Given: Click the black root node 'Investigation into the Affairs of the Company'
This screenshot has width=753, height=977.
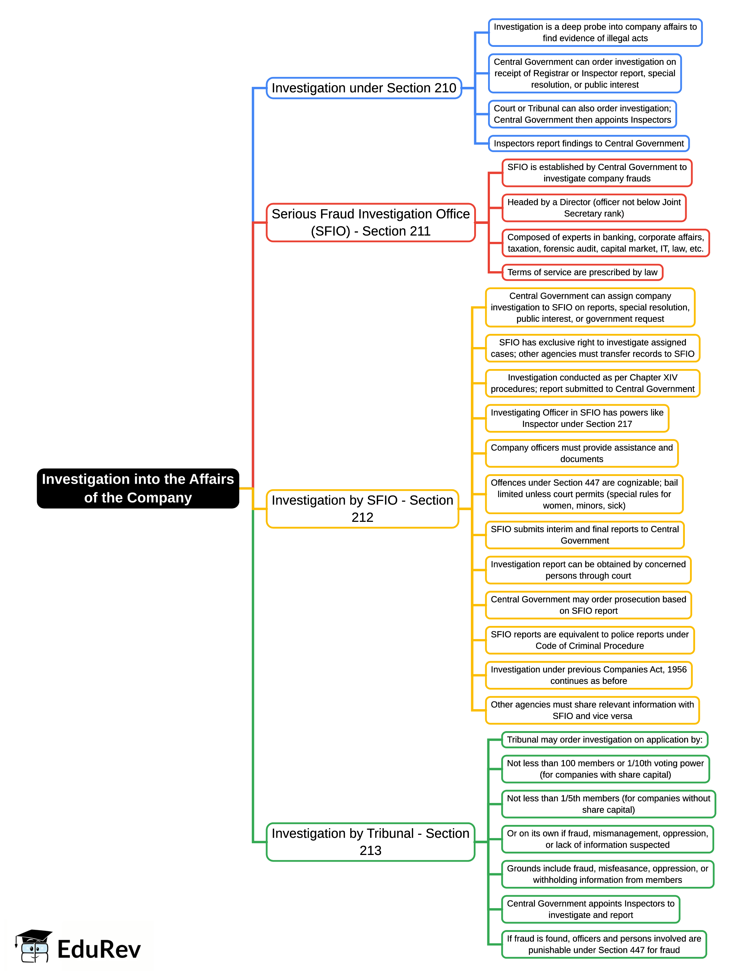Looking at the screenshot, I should click(x=138, y=488).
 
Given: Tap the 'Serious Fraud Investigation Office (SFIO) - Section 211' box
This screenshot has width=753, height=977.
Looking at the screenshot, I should click(x=370, y=222).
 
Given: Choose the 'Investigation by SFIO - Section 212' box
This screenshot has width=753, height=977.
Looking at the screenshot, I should click(x=362, y=509).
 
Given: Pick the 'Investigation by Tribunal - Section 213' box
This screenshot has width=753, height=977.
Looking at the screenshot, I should click(x=370, y=841).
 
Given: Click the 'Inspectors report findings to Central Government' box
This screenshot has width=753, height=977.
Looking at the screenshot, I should click(x=588, y=144).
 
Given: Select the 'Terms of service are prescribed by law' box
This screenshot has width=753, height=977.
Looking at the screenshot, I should click(x=582, y=272).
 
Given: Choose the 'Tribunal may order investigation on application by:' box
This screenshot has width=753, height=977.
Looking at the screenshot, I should click(x=605, y=740).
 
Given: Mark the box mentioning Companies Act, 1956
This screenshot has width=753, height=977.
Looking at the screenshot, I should click(x=588, y=675).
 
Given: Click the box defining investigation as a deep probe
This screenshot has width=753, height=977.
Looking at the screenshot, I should click(x=595, y=33).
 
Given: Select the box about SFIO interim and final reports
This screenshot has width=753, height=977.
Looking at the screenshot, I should click(x=584, y=535).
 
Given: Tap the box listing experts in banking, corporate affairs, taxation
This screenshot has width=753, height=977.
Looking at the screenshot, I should click(x=605, y=243).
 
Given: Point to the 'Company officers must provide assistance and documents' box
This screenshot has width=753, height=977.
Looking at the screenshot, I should click(x=582, y=453).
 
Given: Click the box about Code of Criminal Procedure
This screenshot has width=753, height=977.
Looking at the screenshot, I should click(x=589, y=640).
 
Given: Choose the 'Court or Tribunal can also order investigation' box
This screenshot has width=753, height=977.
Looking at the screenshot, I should click(x=582, y=114).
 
